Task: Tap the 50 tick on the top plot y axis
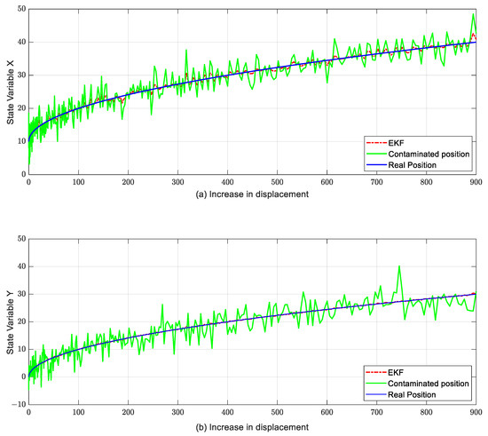(20, 8)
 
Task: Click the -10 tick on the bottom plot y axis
(18, 404)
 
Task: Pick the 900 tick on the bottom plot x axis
(476, 413)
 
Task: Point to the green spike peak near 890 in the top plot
(473, 14)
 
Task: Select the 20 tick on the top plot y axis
(20, 107)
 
